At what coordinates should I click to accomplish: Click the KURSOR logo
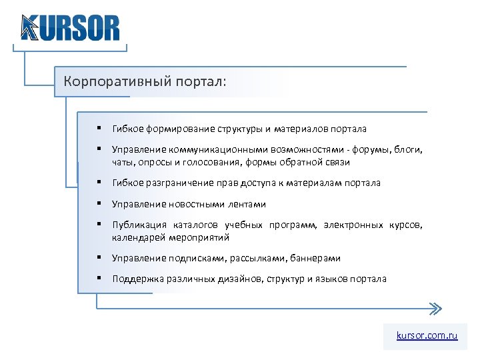coord(70,27)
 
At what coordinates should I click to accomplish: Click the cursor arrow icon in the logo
coord(30,28)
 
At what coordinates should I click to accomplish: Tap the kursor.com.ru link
coord(427,335)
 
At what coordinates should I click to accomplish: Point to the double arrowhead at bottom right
coord(434,309)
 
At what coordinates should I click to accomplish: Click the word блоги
coord(409,150)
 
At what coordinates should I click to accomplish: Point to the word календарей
coord(136,237)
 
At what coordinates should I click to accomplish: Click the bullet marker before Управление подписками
coord(98,257)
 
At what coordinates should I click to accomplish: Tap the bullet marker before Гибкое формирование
coord(98,128)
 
